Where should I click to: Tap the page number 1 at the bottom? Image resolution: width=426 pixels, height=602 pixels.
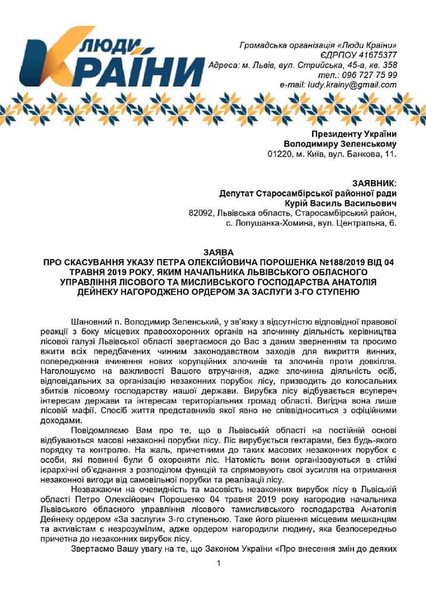pyautogui.click(x=219, y=563)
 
